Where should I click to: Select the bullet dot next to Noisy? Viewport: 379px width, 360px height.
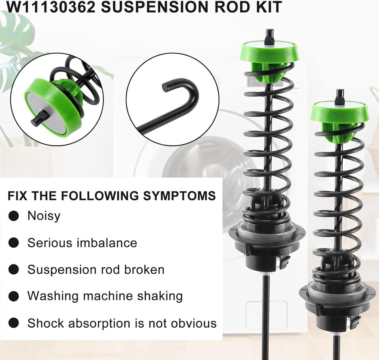click(14, 216)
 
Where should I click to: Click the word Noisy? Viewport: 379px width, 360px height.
click(43, 216)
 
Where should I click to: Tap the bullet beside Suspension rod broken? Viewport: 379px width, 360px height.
click(14, 270)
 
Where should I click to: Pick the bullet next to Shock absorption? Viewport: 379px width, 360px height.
click(14, 323)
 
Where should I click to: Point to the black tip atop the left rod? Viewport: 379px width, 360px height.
click(269, 36)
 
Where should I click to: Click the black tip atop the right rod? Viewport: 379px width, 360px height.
click(340, 96)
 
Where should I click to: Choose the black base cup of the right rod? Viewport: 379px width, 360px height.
click(337, 308)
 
